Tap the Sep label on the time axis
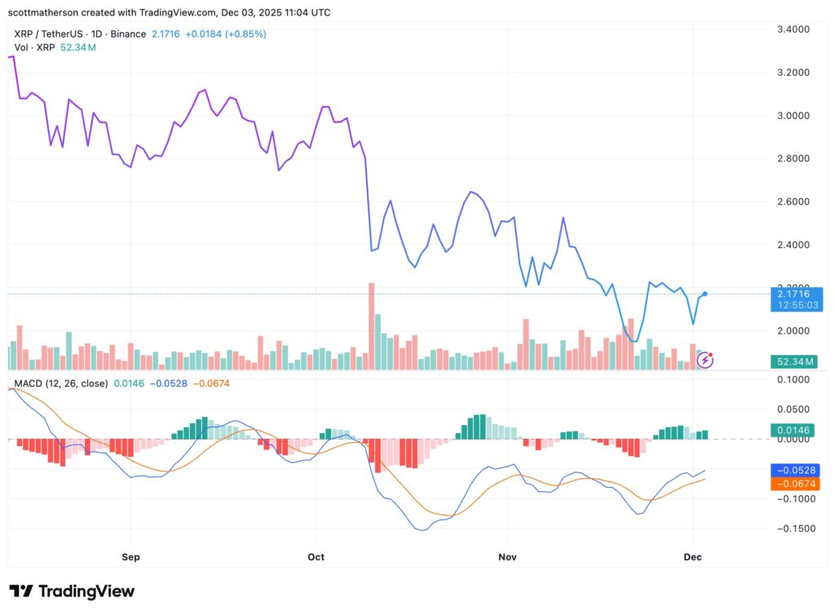tap(130, 557)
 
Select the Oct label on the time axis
tap(316, 557)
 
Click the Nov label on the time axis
tap(506, 557)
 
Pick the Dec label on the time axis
tap(692, 557)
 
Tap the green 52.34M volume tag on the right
tap(798, 361)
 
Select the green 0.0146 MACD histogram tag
tap(798, 429)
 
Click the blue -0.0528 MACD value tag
tap(798, 470)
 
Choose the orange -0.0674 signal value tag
tap(798, 484)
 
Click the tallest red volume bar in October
tap(371, 325)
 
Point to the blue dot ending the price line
tap(705, 294)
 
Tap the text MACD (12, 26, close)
tap(60, 383)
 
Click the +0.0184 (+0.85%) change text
tap(226, 34)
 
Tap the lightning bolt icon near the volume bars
tap(704, 360)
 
